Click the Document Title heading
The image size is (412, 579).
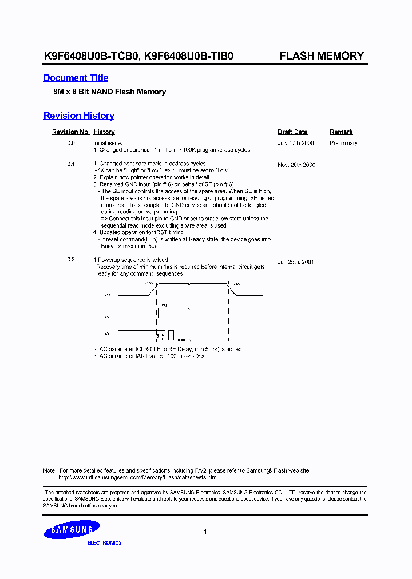pos(76,78)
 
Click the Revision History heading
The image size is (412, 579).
pos(78,116)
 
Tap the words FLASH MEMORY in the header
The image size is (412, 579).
pos(321,56)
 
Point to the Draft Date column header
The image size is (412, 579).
pos(292,132)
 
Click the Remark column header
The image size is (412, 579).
pos(341,132)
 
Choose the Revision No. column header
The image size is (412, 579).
pos(70,132)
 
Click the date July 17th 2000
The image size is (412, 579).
pos(296,143)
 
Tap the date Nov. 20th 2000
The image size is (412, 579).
pos(296,165)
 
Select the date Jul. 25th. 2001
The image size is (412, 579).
pos(296,261)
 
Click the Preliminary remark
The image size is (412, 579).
pos(343,143)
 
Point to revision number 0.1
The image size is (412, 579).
pos(71,165)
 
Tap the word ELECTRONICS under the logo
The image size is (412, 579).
pos(104,542)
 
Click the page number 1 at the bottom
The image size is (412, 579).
pos(205,532)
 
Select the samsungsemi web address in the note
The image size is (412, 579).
pos(138,477)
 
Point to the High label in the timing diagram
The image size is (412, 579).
pos(165,306)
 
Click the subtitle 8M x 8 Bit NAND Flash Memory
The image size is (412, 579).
pos(105,92)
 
